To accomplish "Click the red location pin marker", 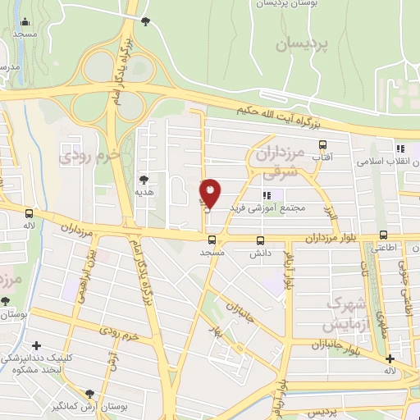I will [211, 194].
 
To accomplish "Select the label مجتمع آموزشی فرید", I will [272, 208].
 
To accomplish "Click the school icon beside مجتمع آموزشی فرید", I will [266, 194].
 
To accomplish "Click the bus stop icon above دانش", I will [261, 240].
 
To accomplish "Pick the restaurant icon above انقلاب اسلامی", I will [400, 148].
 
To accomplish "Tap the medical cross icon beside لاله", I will [389, 358].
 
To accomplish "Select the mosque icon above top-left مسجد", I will [25, 22].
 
